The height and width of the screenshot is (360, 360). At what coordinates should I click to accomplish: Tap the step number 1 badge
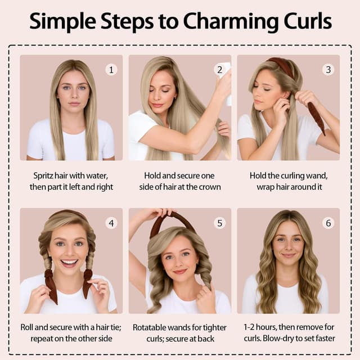pyautogui.click(x=111, y=70)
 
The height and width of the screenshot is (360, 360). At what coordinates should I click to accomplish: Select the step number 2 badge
pyautogui.click(x=219, y=70)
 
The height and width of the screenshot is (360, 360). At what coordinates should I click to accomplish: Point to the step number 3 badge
pyautogui.click(x=327, y=70)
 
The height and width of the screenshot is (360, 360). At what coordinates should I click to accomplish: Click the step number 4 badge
pyautogui.click(x=111, y=223)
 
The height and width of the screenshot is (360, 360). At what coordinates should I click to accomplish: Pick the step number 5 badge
pyautogui.click(x=219, y=223)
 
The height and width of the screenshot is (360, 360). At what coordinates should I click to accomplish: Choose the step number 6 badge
pyautogui.click(x=327, y=223)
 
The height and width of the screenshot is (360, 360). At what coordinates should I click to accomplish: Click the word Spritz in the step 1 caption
pyautogui.click(x=43, y=175)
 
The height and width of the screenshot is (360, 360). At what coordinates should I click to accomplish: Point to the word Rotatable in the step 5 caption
pyautogui.click(x=151, y=328)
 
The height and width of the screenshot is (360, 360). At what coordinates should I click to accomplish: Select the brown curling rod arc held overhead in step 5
pyautogui.click(x=172, y=220)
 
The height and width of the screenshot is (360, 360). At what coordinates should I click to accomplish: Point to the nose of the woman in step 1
pyautogui.click(x=73, y=95)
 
